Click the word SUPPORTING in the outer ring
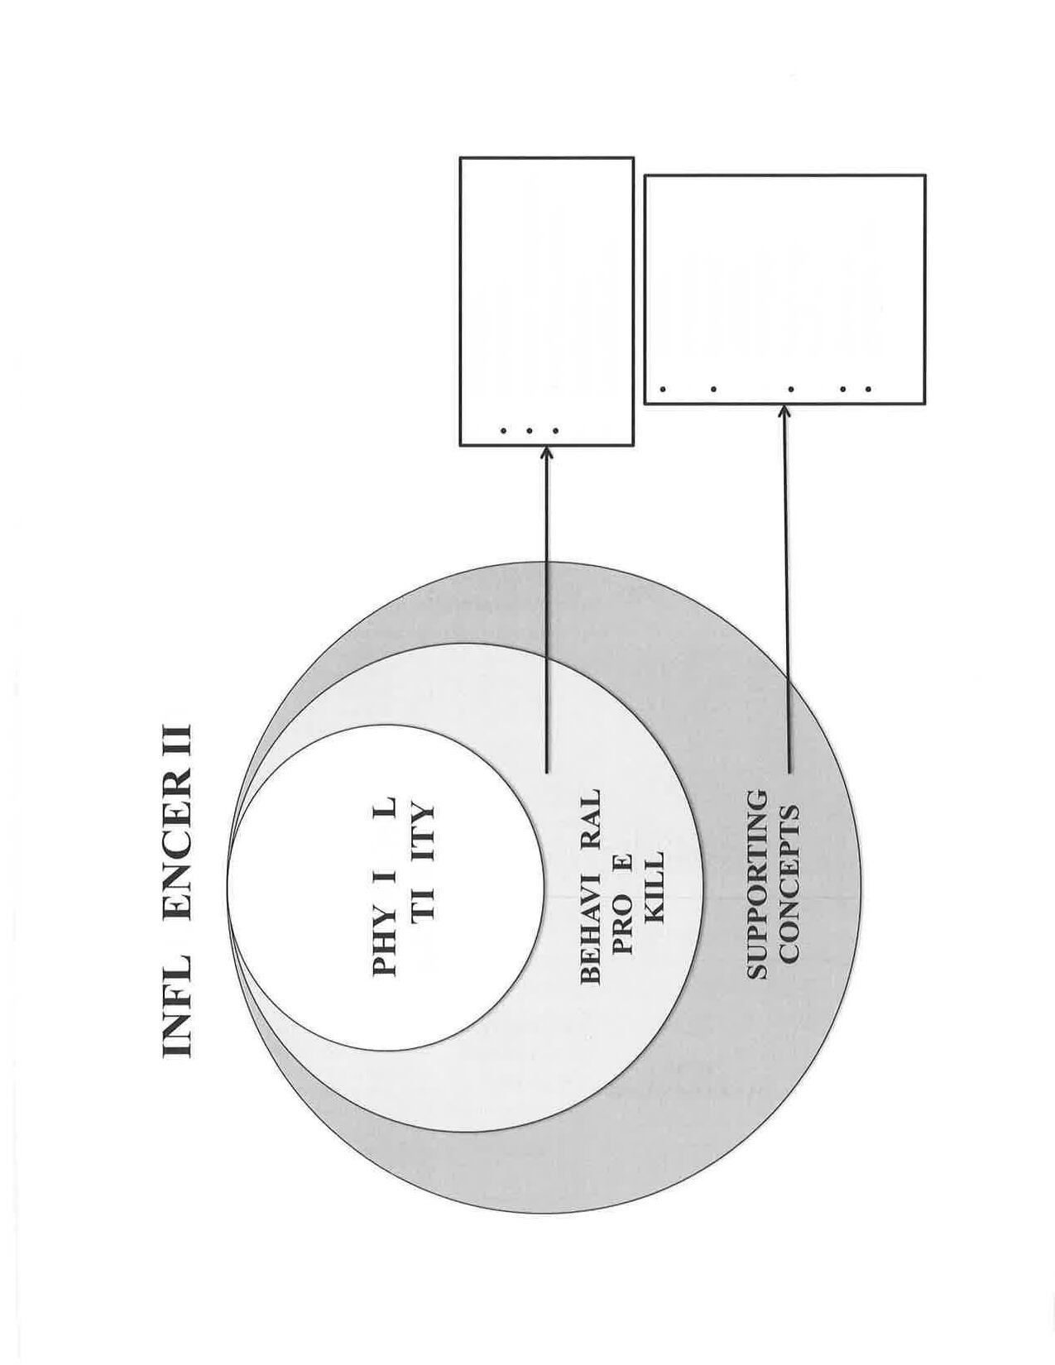pos(757,884)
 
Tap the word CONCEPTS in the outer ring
pos(790,884)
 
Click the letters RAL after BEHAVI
pos(589,816)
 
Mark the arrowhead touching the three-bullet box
pos(546,453)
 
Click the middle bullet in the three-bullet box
pos(530,430)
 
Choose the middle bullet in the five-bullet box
pos(790,389)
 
